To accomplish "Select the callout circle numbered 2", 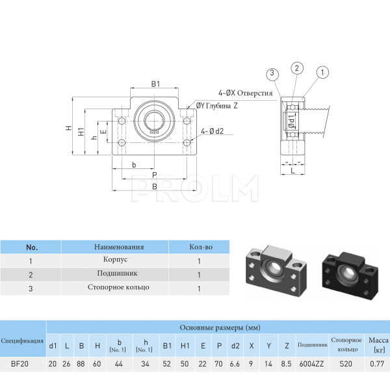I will click(x=296, y=68).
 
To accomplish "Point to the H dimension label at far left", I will click(x=68, y=127).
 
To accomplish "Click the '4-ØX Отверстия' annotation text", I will click(x=246, y=94).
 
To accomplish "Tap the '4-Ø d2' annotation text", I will click(x=213, y=131).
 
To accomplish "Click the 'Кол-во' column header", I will click(x=200, y=247).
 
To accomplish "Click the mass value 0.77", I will click(x=377, y=364).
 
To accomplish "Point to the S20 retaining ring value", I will click(x=345, y=364).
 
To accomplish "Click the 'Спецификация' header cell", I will click(x=23, y=341).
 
